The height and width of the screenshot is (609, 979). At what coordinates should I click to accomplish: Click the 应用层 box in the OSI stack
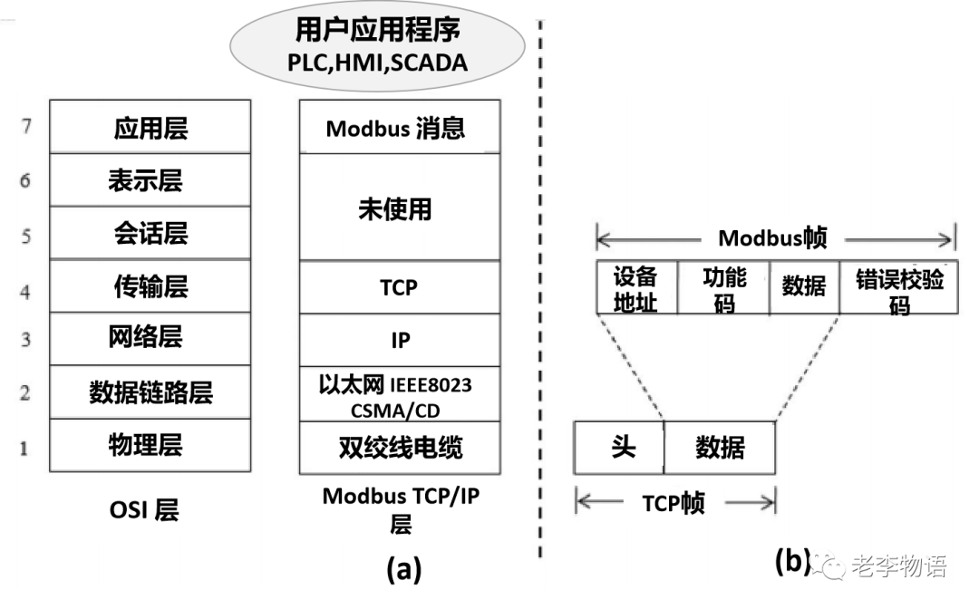(150, 127)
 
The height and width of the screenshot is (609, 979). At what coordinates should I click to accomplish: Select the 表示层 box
(150, 180)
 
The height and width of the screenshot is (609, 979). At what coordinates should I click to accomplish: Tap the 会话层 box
(150, 233)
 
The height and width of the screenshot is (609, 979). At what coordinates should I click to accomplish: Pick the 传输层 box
(150, 286)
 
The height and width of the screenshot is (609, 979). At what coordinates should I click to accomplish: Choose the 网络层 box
(150, 339)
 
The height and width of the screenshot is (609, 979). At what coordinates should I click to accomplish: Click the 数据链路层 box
(150, 391)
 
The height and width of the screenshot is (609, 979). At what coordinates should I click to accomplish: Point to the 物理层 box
(150, 445)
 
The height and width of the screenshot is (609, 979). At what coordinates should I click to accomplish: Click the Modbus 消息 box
(399, 128)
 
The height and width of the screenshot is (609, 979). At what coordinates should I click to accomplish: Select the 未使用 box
(399, 208)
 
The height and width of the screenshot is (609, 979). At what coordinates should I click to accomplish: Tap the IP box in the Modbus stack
(399, 340)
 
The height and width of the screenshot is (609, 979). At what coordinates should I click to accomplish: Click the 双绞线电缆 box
(399, 447)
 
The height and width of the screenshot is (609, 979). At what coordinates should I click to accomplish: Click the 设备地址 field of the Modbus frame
(636, 288)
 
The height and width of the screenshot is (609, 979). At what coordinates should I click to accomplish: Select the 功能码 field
(723, 288)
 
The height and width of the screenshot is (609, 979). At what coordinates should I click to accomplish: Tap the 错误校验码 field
(897, 288)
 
